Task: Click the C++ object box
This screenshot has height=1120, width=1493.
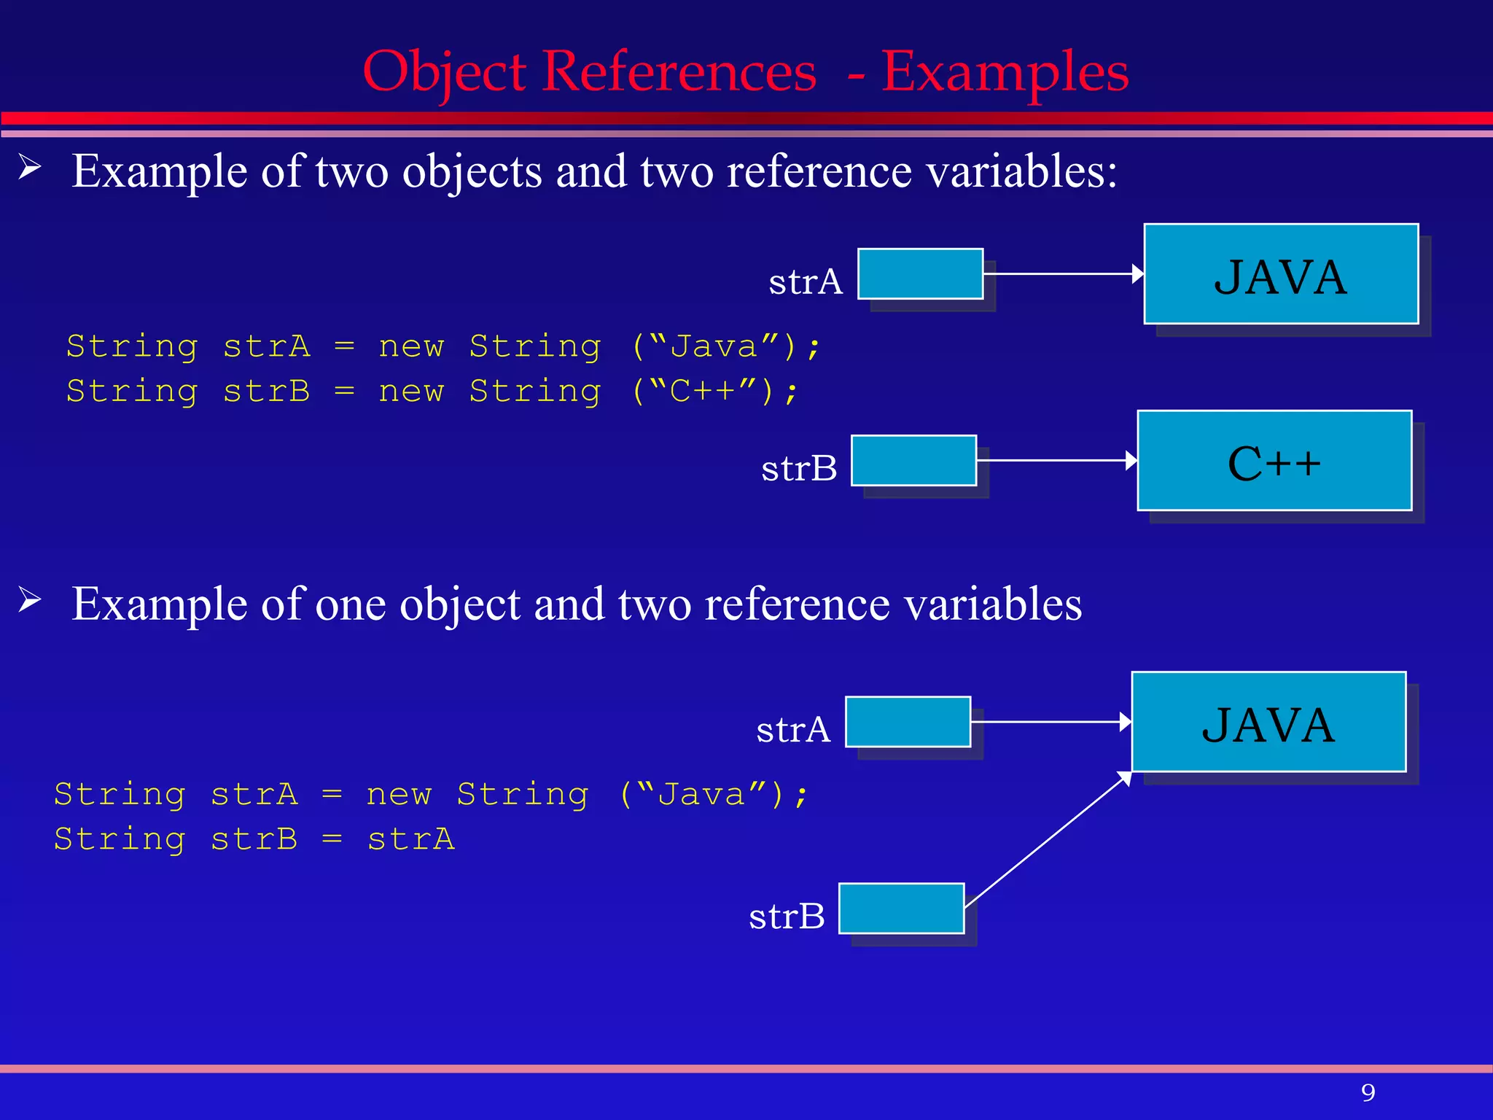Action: pyautogui.click(x=1274, y=461)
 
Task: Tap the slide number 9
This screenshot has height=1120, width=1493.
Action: pyautogui.click(x=1368, y=1092)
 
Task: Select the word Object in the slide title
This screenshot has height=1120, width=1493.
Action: pyautogui.click(x=444, y=72)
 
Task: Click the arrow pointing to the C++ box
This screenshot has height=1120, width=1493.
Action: pyautogui.click(x=1057, y=461)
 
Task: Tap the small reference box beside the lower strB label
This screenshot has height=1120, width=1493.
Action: pyautogui.click(x=901, y=909)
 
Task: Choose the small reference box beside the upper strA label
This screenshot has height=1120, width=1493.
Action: pyautogui.click(x=920, y=274)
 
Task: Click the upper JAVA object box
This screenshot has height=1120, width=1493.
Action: pyautogui.click(x=1281, y=274)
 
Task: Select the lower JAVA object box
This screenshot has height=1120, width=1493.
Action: pyautogui.click(x=1268, y=722)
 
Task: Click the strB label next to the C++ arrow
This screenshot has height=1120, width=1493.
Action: pyautogui.click(x=799, y=468)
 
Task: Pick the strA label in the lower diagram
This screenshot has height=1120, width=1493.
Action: pyautogui.click(x=793, y=729)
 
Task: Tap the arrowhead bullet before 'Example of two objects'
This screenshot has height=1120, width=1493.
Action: pyautogui.click(x=30, y=168)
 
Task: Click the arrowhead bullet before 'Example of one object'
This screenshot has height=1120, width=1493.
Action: pyautogui.click(x=30, y=600)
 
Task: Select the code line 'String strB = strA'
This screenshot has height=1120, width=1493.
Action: pyautogui.click(x=254, y=839)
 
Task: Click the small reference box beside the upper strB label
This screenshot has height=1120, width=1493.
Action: pyautogui.click(x=913, y=461)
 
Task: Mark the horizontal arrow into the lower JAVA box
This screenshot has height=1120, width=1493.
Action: pyautogui.click(x=1051, y=722)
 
